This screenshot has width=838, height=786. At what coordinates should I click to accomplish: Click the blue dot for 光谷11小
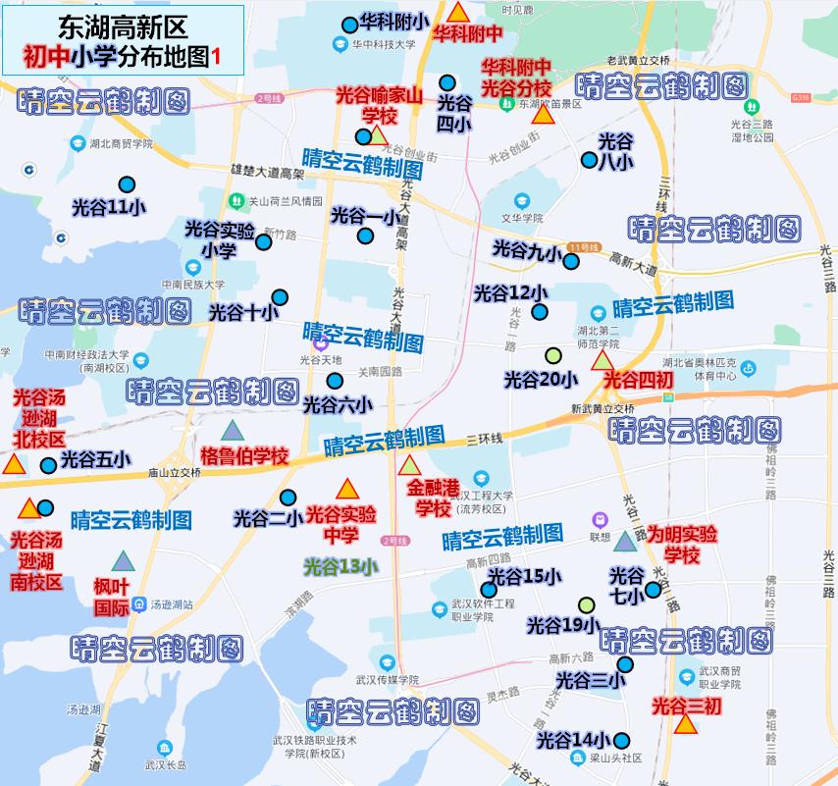[127, 184]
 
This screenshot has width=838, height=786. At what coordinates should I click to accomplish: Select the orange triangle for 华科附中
[458, 13]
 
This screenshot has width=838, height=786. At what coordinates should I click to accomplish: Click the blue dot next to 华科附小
[349, 26]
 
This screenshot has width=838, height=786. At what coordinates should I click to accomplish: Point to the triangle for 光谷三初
[686, 724]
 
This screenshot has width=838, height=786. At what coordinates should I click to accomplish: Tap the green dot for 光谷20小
[552, 355]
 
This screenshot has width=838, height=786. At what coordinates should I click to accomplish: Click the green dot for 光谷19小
[587, 604]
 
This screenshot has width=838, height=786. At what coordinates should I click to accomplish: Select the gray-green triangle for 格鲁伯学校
[232, 430]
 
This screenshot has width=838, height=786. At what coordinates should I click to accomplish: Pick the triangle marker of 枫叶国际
[123, 561]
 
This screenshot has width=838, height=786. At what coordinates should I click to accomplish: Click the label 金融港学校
[433, 498]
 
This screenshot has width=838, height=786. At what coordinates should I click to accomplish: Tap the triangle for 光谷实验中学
[346, 489]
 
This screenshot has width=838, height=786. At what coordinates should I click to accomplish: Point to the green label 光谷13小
[340, 565]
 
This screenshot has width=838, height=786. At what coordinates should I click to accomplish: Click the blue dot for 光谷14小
[621, 741]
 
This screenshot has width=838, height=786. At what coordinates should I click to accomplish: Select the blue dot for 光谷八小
[589, 160]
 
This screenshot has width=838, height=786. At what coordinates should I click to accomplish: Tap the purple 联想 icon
[600, 519]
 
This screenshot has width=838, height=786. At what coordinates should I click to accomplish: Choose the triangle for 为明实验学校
[625, 541]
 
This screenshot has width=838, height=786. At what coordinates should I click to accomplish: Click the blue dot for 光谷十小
[280, 297]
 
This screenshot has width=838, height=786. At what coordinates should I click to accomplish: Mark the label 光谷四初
[638, 379]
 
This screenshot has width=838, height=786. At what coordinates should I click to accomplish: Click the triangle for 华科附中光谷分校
[543, 114]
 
